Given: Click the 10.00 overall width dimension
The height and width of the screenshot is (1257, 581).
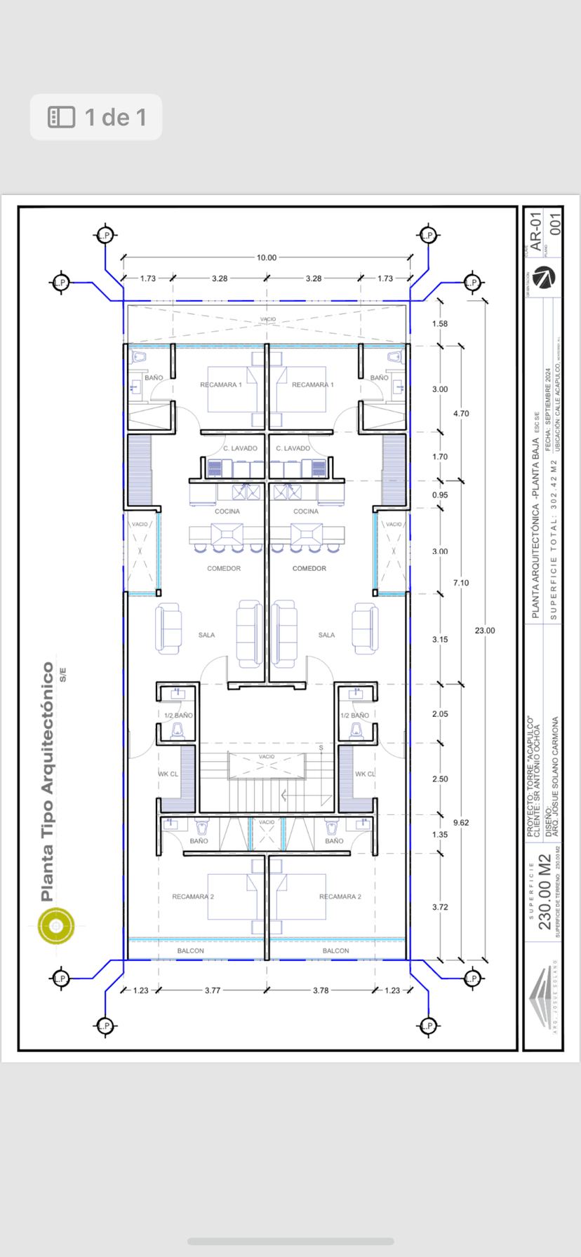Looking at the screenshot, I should pyautogui.click(x=266, y=257).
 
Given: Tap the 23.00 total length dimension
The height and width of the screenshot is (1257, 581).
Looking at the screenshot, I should pyautogui.click(x=484, y=631).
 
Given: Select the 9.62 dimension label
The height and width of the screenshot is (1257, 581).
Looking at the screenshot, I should pyautogui.click(x=461, y=822).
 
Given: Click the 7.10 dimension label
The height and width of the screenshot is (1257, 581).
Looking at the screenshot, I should pyautogui.click(x=461, y=583).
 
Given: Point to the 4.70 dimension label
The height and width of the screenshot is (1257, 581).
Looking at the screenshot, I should pyautogui.click(x=461, y=414).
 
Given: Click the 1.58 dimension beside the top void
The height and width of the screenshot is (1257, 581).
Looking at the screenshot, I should pyautogui.click(x=440, y=324).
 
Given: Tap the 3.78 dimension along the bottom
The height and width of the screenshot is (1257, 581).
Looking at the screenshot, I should pyautogui.click(x=321, y=990).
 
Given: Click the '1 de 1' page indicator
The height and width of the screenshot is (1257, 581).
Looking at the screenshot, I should pyautogui.click(x=96, y=117).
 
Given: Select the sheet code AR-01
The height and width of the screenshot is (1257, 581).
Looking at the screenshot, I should pyautogui.click(x=536, y=232).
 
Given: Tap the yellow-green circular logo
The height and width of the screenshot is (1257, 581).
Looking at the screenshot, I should pyautogui.click(x=56, y=926).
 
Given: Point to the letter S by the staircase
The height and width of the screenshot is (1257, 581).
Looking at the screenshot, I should pyautogui.click(x=321, y=748).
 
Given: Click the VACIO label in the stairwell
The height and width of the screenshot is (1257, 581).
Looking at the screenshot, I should pyautogui.click(x=267, y=757).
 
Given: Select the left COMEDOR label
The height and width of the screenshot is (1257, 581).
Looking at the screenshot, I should pyautogui.click(x=224, y=568).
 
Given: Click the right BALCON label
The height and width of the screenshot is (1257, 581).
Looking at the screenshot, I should pyautogui.click(x=335, y=950).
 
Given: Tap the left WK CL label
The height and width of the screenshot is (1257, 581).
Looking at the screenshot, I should pyautogui.click(x=168, y=774).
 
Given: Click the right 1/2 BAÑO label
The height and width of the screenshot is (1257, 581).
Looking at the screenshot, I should pyautogui.click(x=354, y=715).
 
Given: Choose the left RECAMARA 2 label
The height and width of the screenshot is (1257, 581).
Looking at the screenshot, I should pyautogui.click(x=193, y=896).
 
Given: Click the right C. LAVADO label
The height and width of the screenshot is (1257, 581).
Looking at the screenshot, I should pyautogui.click(x=293, y=448).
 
